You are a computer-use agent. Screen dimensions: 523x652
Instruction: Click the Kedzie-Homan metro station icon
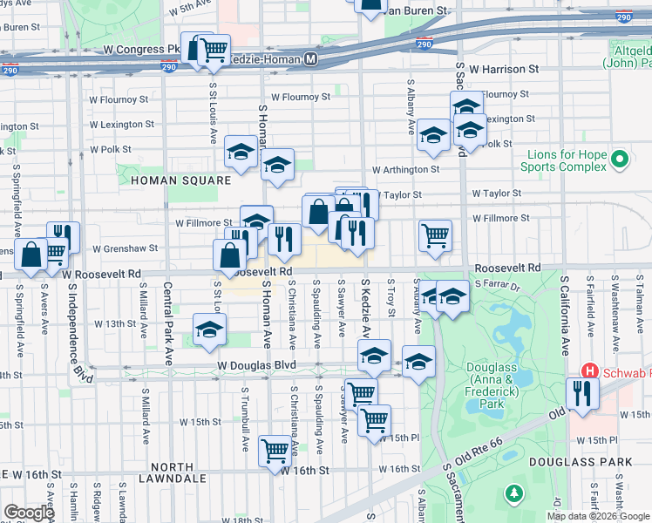point(311,59)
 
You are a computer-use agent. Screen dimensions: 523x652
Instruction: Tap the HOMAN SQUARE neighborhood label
point(180,180)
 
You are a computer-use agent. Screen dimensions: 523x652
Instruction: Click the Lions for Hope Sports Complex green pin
point(620,160)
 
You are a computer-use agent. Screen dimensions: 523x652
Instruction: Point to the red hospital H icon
point(588,370)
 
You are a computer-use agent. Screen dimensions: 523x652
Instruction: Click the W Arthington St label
point(405,170)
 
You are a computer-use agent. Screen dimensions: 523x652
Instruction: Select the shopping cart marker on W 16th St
point(275,450)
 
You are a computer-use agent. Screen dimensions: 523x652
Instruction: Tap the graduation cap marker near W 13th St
point(209,331)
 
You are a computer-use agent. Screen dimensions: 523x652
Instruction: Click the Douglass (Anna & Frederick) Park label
point(498,385)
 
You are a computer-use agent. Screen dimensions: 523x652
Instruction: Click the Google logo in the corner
point(29,513)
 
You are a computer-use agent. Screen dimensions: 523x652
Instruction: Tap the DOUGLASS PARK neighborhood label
point(596,461)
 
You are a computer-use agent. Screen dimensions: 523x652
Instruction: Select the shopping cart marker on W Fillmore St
point(435,234)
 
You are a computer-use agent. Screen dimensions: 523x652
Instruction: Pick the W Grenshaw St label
point(126,248)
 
